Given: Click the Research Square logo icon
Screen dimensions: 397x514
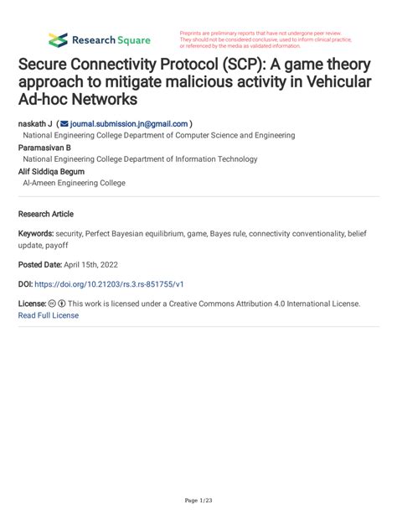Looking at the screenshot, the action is (x=58, y=39).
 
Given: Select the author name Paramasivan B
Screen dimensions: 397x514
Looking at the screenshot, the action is (x=46, y=147).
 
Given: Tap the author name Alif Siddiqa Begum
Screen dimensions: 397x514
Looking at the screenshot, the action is (x=53, y=171).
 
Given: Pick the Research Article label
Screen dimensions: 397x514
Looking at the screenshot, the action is (x=45, y=214).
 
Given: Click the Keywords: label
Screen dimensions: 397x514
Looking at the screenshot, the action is (x=39, y=234).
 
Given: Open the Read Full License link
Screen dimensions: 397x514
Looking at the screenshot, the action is (x=48, y=315).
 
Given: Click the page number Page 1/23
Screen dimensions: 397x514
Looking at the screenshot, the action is (x=198, y=501).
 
